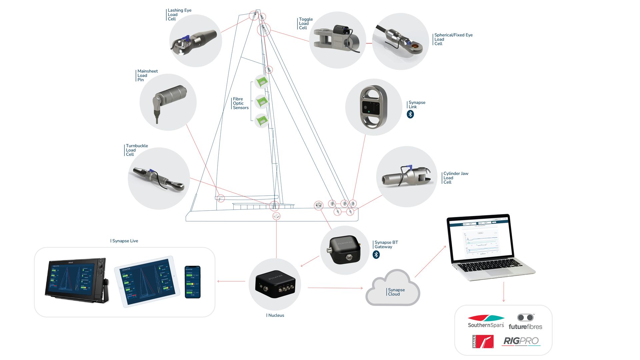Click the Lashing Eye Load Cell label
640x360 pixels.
pos(179,15)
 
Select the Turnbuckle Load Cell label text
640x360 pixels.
pos(137,150)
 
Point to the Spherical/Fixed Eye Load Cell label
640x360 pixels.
pos(453,39)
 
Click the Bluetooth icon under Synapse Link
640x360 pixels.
pos(410,114)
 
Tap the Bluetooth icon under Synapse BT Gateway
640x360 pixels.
pos(376,255)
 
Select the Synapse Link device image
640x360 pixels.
pos(374,107)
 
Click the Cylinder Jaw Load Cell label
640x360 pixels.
pos(455,178)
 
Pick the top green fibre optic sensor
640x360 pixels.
pos(262,81)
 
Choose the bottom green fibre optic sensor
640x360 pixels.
pos(262,120)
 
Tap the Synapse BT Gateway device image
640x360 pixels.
pos(345,250)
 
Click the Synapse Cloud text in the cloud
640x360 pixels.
pos(396,292)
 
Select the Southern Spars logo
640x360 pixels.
pos(486,321)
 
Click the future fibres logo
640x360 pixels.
pos(525,322)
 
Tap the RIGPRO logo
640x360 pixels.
pos(521,341)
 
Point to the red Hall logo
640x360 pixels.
pos(483,342)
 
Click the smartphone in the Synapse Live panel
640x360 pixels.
pos(193,282)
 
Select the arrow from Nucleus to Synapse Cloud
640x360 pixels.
pos(335,288)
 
